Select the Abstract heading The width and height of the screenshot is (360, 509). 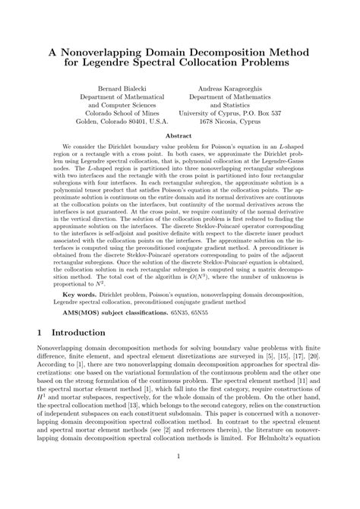[179, 137]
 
